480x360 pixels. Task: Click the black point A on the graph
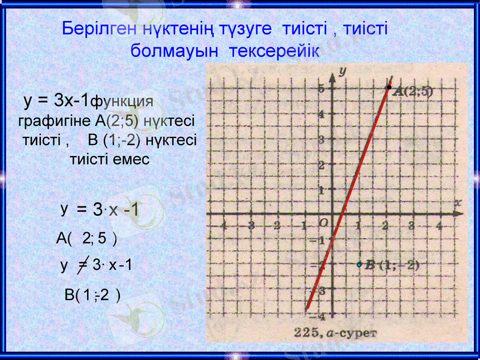389,88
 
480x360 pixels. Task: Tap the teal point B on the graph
359,265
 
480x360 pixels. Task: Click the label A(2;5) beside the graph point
413,92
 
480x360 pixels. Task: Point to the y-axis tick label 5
322,88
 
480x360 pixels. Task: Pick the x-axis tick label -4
223,226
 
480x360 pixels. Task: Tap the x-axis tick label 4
439,226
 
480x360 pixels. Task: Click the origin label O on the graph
323,223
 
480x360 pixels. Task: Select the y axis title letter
342,71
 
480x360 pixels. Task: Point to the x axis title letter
458,203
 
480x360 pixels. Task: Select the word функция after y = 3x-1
121,100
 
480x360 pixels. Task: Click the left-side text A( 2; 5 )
86,238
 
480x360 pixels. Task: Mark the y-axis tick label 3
322,139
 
